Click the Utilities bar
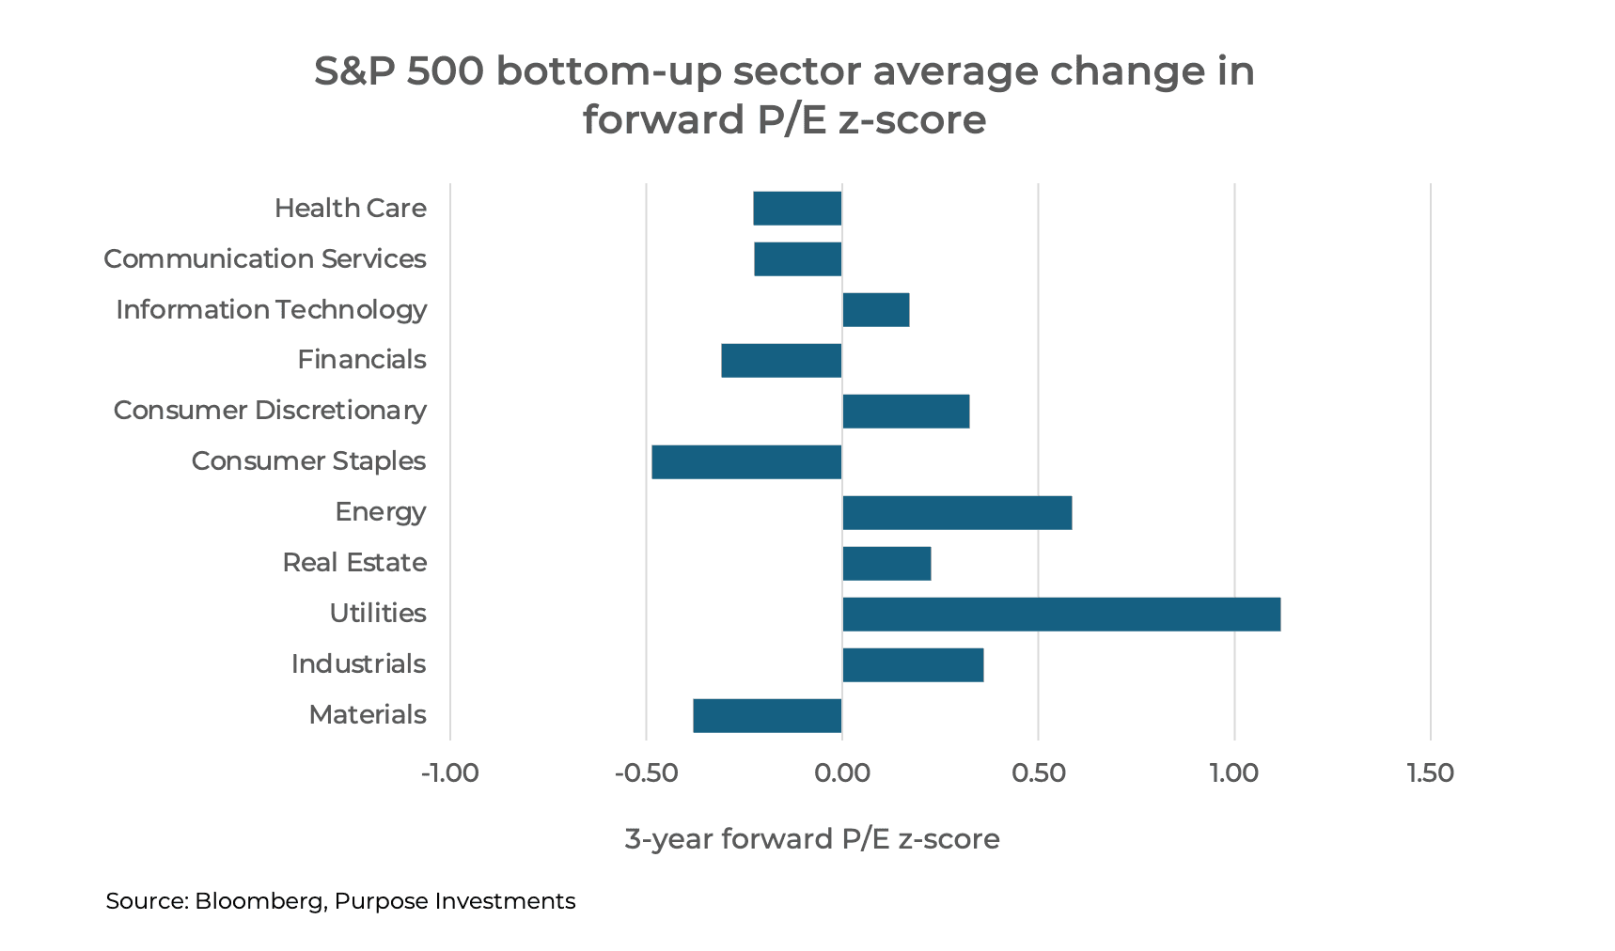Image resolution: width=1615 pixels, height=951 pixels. [x=1060, y=615]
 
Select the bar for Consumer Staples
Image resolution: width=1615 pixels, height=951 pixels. [x=746, y=462]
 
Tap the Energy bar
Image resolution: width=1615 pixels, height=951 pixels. [x=957, y=513]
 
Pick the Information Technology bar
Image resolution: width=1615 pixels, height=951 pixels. [x=875, y=310]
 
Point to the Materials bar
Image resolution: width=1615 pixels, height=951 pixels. [x=767, y=716]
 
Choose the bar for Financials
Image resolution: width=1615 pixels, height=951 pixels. [x=781, y=361]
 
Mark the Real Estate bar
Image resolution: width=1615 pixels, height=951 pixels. [x=886, y=564]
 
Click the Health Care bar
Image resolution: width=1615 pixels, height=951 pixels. [x=797, y=209]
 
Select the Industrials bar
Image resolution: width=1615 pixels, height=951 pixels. [x=913, y=665]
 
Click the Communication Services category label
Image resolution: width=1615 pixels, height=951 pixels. [x=265, y=258]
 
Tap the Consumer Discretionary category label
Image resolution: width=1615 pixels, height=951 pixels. [x=270, y=411]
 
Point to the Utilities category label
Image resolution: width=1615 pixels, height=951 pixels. [x=378, y=614]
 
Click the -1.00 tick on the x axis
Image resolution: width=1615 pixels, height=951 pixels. [x=450, y=773]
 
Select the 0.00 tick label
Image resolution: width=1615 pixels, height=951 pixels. [x=842, y=773]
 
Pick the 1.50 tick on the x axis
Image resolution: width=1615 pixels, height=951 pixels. [x=1430, y=773]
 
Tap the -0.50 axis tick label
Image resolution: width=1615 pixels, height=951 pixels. [x=646, y=773]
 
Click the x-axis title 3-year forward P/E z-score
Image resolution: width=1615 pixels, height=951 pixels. [x=812, y=838]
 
